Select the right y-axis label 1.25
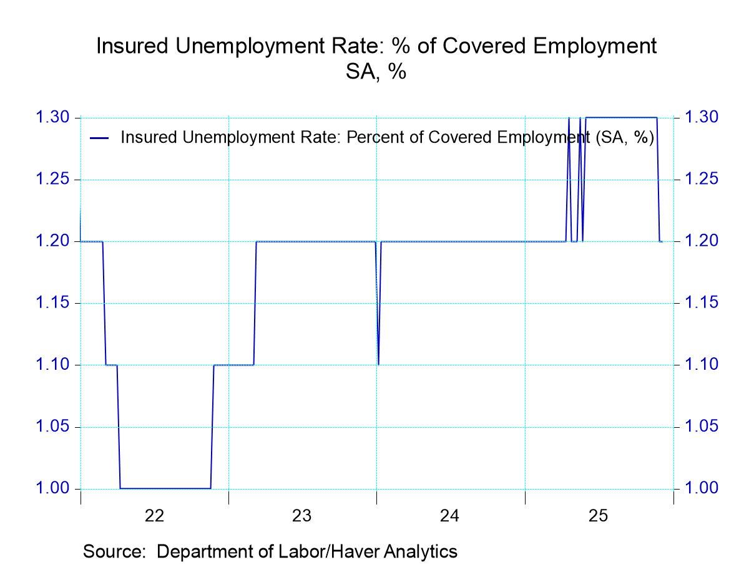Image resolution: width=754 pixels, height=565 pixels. tap(702, 180)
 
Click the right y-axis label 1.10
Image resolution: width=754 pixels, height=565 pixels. tap(702, 364)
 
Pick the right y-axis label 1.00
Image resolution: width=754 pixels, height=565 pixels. tap(702, 488)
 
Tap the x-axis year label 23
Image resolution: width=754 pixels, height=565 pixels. tap(302, 516)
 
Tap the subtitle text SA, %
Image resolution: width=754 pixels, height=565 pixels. tap(376, 72)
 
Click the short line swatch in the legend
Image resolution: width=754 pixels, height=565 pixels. tap(99, 137)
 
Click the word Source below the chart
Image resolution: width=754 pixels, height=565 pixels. tap(115, 551)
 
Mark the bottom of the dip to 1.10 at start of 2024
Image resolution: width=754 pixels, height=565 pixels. tap(378, 364)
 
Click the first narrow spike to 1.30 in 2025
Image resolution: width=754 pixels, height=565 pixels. tap(569, 118)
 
